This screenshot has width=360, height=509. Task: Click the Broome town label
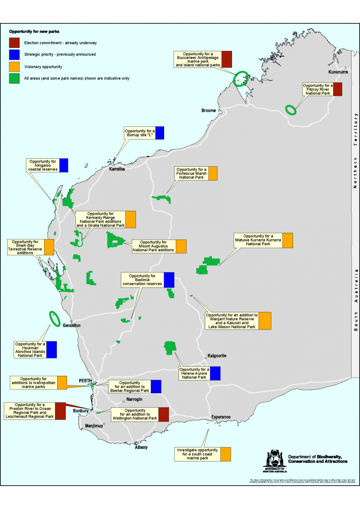[x=208, y=111]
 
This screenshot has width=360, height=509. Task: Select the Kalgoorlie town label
[x=217, y=355]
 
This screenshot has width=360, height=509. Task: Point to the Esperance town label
[x=220, y=417]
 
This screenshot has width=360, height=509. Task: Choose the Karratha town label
[x=117, y=169]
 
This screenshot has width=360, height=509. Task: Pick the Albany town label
[x=141, y=447]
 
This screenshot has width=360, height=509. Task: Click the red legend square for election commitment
[x=14, y=43]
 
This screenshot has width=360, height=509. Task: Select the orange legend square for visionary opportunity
[x=14, y=67]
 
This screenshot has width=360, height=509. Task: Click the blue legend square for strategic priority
[x=14, y=55]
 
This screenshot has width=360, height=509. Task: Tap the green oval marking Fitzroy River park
[x=290, y=109]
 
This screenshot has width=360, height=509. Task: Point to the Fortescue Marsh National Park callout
[x=191, y=173]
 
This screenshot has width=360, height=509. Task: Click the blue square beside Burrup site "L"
[x=159, y=133]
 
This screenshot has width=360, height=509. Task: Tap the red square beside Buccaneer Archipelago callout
[x=227, y=59]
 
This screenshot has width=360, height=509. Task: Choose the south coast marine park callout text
[x=198, y=454]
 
